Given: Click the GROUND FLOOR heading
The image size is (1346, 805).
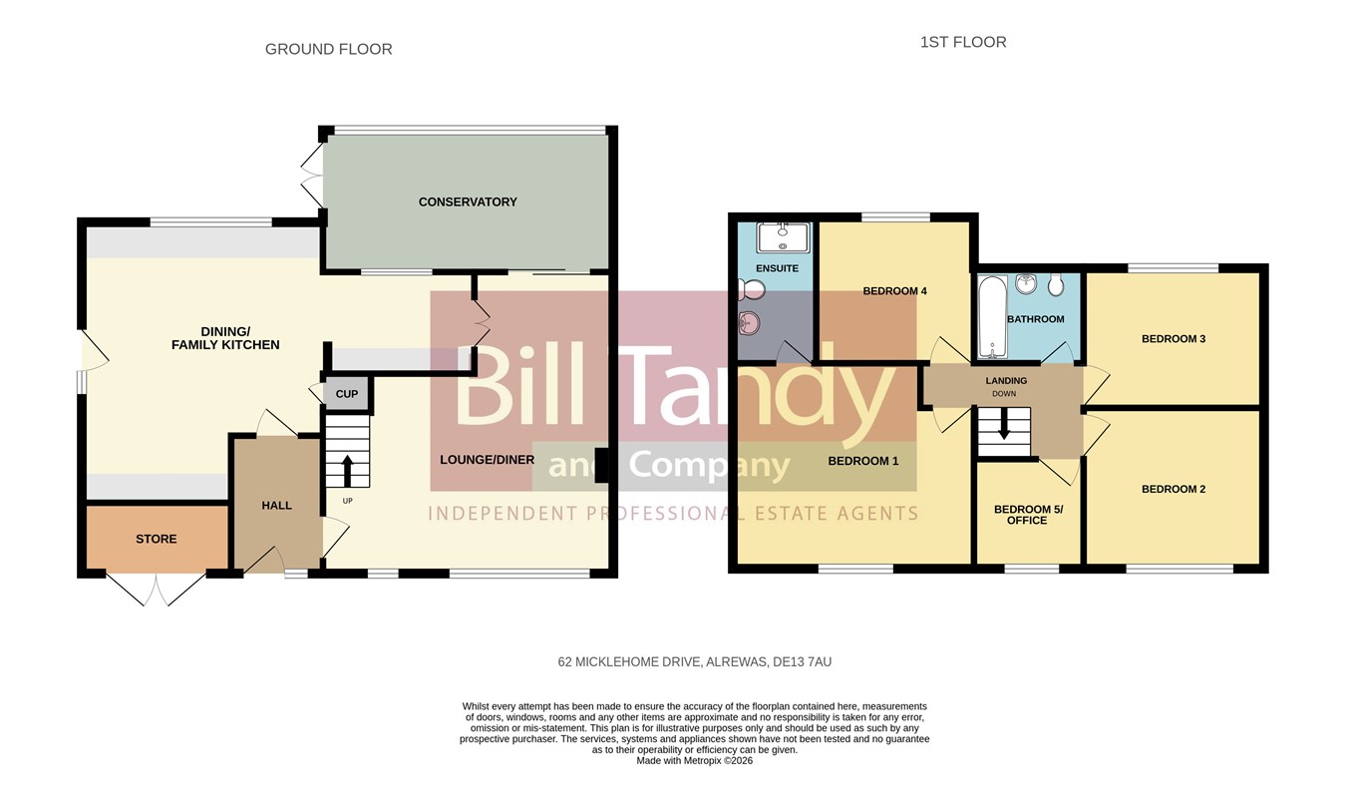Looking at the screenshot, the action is (329, 49).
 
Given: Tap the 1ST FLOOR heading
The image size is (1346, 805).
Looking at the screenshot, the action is (963, 42).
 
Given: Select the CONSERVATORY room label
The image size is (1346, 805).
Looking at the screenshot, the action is (468, 202).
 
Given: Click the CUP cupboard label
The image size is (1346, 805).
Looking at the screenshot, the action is (347, 394).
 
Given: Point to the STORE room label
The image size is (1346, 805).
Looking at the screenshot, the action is (157, 540).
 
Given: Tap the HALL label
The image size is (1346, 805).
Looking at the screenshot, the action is (276, 506).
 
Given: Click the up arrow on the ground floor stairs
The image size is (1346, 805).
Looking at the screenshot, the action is (347, 471).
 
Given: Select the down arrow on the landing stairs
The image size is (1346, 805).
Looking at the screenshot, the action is (1003, 424).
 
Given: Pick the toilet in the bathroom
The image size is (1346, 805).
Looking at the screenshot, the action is (1056, 284).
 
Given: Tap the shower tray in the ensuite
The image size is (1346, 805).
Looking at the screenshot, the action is (784, 237).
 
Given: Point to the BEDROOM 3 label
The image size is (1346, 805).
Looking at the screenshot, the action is (1174, 339).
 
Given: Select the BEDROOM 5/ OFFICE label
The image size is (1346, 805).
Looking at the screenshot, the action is (1028, 515).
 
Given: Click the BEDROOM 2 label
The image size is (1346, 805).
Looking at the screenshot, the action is (1174, 490).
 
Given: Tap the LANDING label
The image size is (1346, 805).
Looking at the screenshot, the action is (1006, 381).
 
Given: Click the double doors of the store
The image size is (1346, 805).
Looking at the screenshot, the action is (157, 590).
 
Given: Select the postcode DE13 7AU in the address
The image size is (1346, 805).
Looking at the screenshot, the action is (803, 662).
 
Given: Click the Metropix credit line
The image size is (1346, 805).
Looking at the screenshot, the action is (694, 760).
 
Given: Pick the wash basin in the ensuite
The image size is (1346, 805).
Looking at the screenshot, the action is (750, 324).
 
